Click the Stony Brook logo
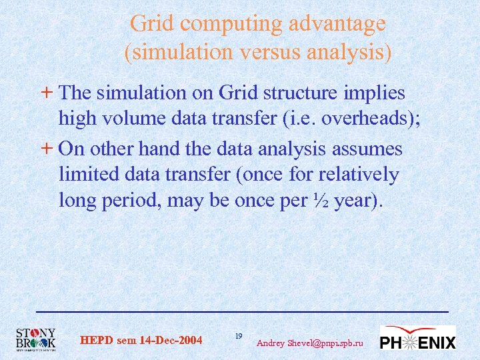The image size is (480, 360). [x=37, y=339]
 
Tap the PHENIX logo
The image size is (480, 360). [x=417, y=339]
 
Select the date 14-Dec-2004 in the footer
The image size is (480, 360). [x=170, y=341]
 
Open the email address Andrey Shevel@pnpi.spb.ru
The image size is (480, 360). [x=310, y=343]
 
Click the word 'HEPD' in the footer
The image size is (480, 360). [x=97, y=341]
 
